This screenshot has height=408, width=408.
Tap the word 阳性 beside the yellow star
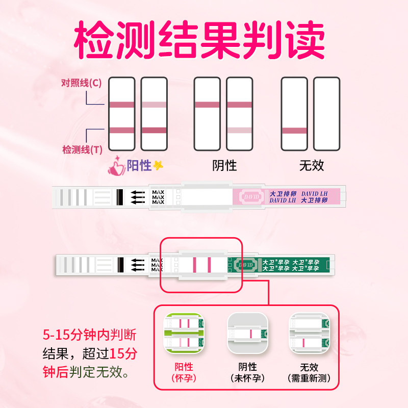(x=139, y=165)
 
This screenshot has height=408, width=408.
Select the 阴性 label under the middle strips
(x=224, y=165)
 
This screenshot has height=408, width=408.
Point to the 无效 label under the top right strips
(x=311, y=165)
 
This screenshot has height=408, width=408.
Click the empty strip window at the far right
(x=326, y=113)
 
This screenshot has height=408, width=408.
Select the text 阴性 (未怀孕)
(x=247, y=372)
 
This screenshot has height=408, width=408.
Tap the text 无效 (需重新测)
(x=310, y=372)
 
